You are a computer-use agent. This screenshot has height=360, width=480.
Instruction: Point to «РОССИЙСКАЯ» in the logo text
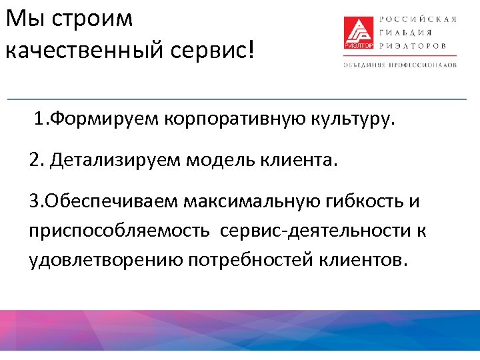418,18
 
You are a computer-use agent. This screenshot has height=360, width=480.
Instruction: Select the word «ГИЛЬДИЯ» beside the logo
405,32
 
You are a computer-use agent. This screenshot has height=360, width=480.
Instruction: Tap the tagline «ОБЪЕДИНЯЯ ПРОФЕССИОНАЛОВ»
400,65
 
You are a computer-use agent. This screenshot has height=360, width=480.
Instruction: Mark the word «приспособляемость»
114,231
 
